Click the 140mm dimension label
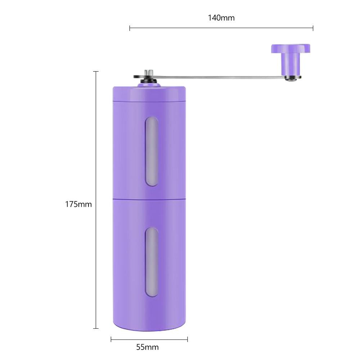click(221, 18)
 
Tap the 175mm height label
click(78, 204)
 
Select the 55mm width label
click(147, 347)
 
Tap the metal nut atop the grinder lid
click(149, 74)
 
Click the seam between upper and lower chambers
click(149, 198)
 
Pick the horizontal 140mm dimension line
click(221, 28)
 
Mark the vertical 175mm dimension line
click(96, 202)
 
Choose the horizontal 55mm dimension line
click(149, 339)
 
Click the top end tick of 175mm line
click(96, 72)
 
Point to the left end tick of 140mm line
click(130, 28)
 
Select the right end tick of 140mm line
click(313, 28)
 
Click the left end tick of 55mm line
click(111, 339)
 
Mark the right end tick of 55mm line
click(188, 339)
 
